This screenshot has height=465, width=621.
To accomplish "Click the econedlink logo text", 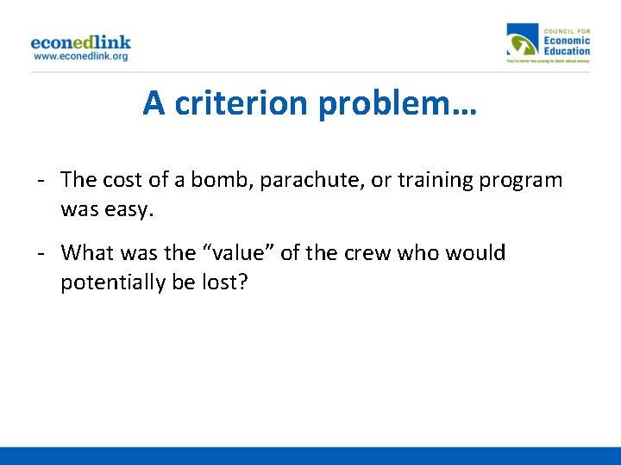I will point(80,41).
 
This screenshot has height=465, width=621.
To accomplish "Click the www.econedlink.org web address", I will point(80,56).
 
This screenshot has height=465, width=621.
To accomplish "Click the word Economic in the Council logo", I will point(567,40).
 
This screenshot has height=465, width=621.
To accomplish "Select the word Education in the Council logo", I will point(567,51).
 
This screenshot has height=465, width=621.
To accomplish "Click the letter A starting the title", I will point(154,103).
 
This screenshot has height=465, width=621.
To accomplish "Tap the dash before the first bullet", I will point(41,180).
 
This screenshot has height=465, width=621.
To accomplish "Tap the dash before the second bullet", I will point(41,253).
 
